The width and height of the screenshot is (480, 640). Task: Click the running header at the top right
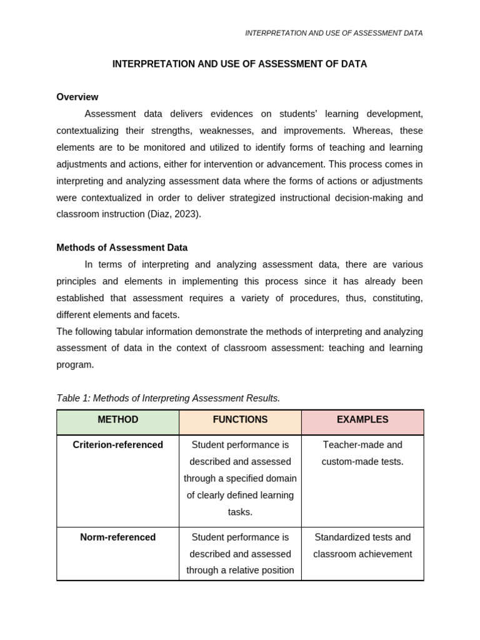click(x=334, y=33)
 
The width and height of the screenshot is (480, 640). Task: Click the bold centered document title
click(x=239, y=64)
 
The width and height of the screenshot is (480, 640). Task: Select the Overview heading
click(x=77, y=97)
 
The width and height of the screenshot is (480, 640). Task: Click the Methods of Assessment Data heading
click(x=122, y=247)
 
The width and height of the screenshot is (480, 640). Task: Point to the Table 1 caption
click(x=168, y=398)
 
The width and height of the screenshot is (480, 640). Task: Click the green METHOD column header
click(x=118, y=420)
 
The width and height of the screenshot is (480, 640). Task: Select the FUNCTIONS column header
click(x=240, y=420)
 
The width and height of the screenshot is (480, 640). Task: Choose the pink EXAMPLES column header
click(x=362, y=420)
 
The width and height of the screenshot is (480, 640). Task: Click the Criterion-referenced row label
click(x=118, y=445)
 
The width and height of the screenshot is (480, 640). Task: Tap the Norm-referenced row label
click(x=118, y=537)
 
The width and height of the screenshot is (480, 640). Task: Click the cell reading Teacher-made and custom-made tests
click(x=362, y=453)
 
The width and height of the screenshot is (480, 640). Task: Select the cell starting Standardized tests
click(x=362, y=546)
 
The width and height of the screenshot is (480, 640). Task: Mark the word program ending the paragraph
click(x=75, y=364)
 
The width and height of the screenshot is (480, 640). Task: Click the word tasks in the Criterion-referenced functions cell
click(x=240, y=512)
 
